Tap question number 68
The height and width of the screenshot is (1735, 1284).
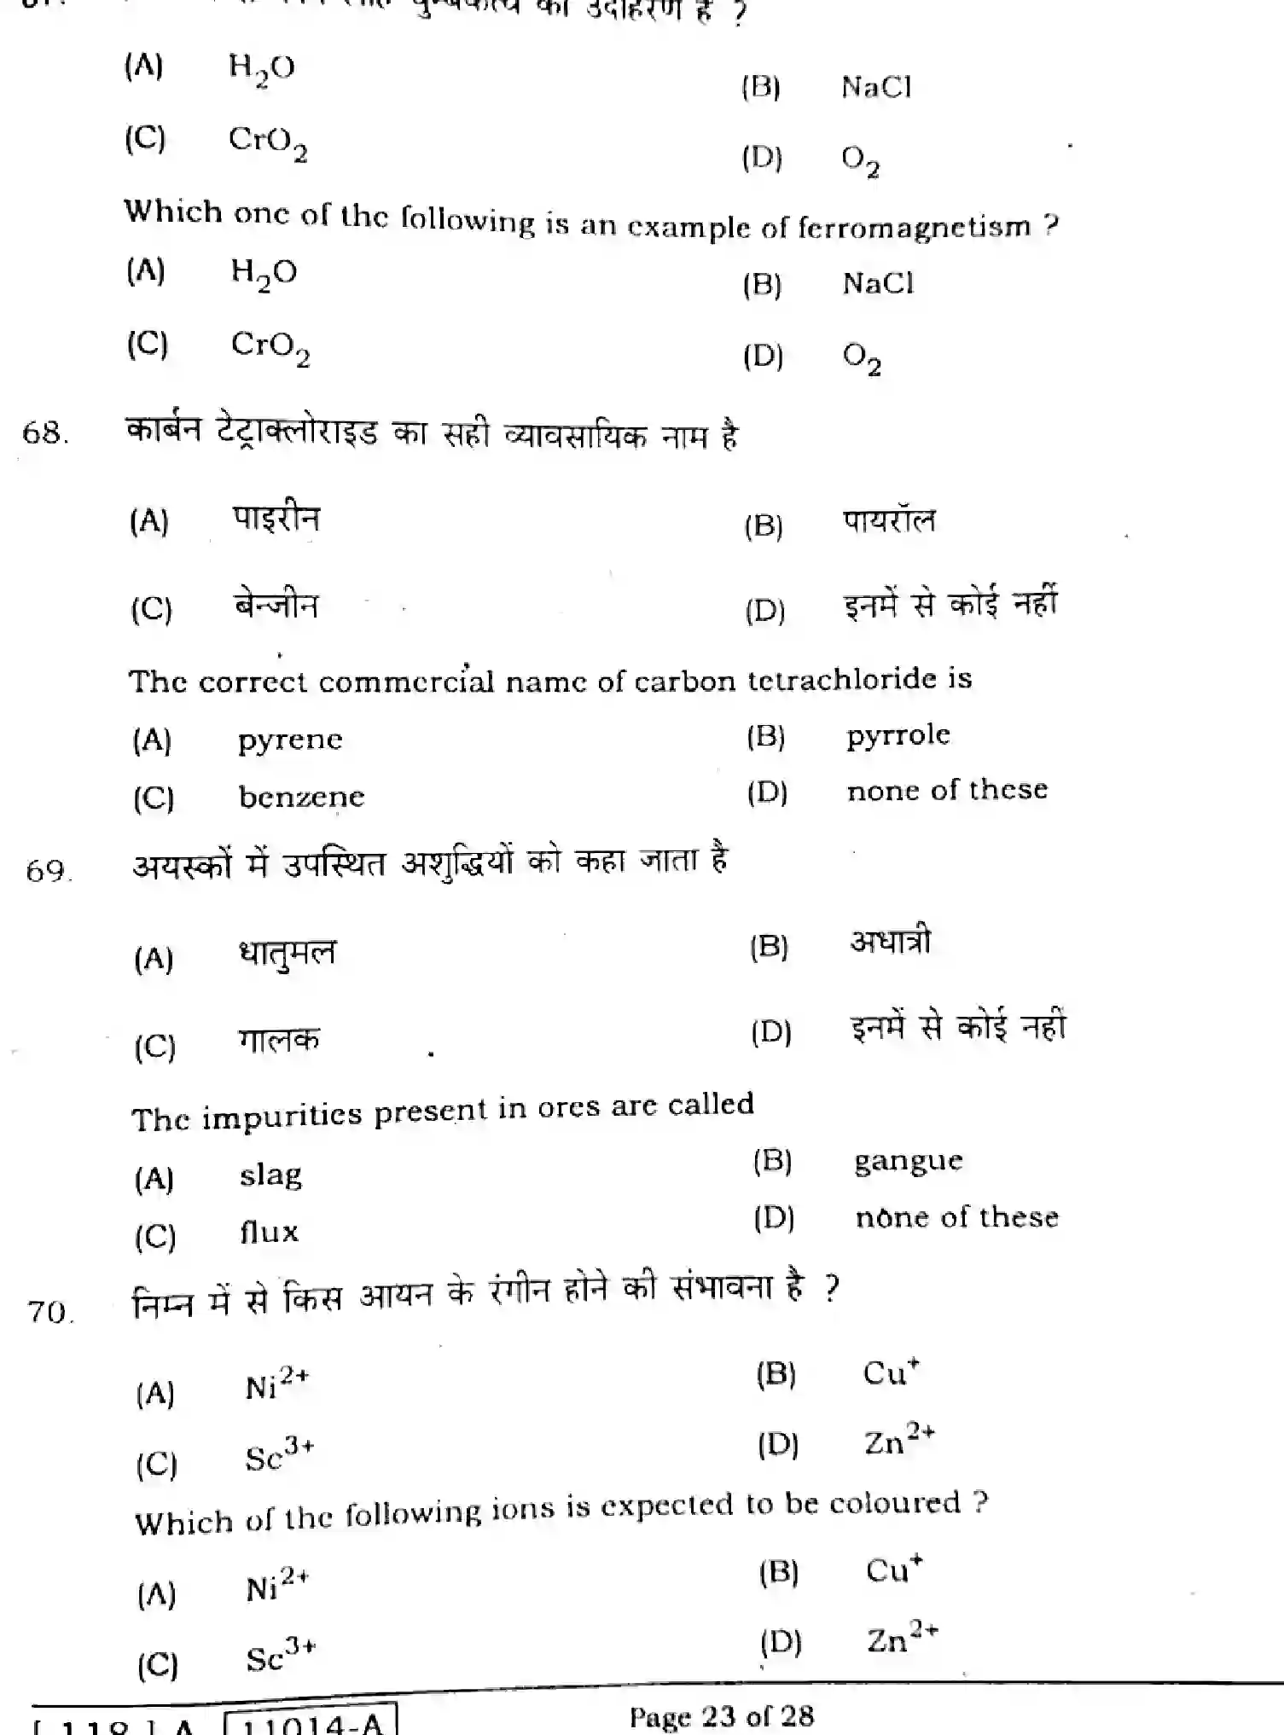click(44, 432)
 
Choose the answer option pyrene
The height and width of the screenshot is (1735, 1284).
click(290, 740)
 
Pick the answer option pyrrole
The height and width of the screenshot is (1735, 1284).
click(898, 735)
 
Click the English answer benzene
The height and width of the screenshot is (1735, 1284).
click(301, 797)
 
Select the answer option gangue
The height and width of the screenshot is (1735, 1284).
click(908, 1162)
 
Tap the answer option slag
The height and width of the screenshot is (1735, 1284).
click(270, 1176)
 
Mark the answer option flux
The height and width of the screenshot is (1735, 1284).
click(269, 1233)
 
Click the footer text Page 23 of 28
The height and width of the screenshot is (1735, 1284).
click(721, 1715)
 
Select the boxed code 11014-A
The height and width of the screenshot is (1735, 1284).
click(311, 1721)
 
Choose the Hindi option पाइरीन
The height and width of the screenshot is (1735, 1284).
click(276, 519)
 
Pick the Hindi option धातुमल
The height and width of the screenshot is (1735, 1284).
click(287, 954)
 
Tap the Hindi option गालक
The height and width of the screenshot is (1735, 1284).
click(279, 1041)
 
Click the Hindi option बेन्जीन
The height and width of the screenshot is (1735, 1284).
click(276, 606)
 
